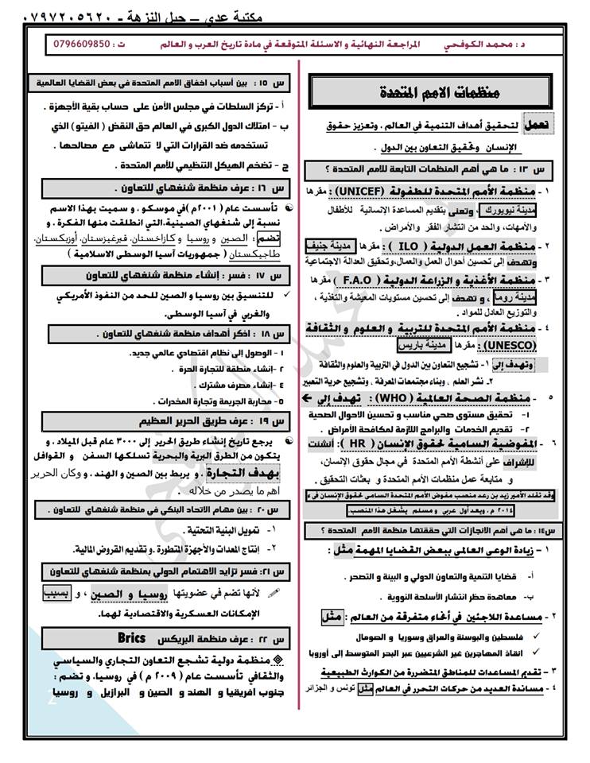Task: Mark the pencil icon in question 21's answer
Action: click(275, 592)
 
